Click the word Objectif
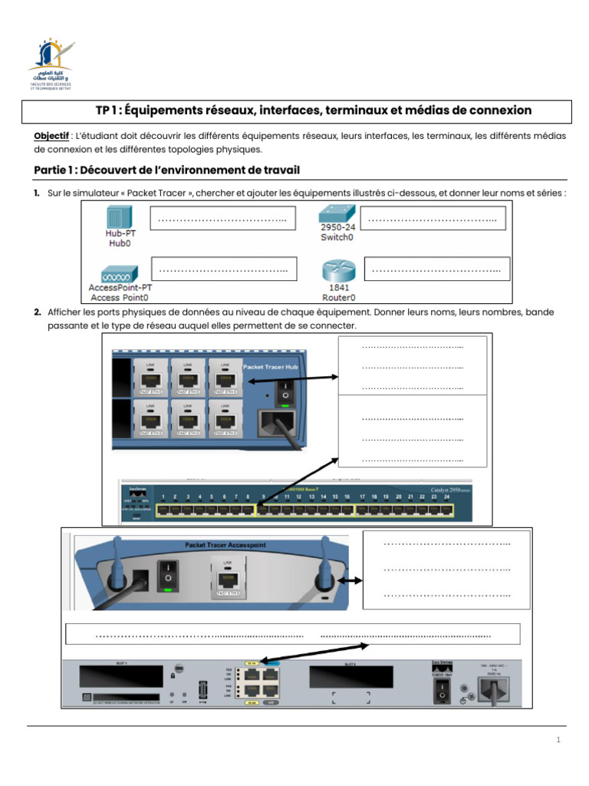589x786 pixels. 51,135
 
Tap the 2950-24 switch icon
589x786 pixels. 337,214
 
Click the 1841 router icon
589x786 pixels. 337,271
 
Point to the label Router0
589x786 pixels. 337,297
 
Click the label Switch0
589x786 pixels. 337,238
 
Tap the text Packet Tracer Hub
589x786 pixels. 275,367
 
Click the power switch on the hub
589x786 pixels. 286,391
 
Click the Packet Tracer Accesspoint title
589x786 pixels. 225,544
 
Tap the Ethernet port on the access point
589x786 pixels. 227,577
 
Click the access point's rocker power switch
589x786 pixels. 167,573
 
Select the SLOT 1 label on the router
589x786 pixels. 120,662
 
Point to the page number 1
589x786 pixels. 559,740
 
